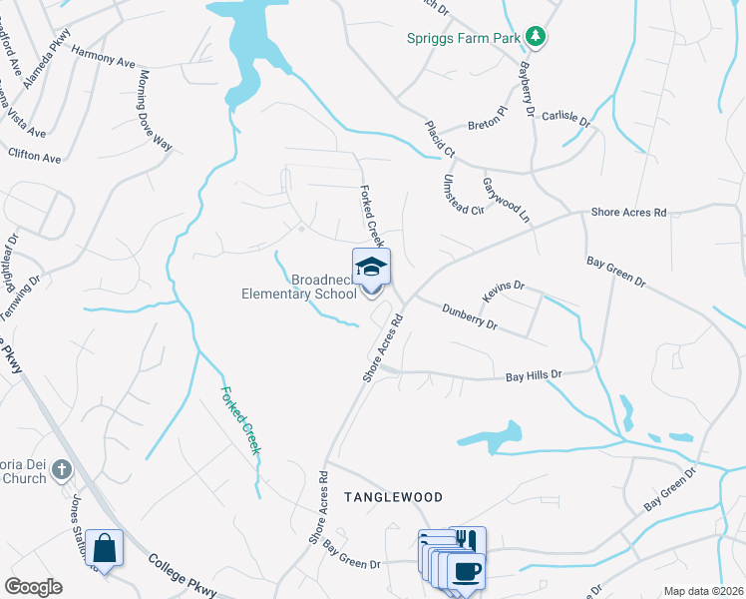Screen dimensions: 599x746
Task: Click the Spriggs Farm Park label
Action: [x=464, y=39]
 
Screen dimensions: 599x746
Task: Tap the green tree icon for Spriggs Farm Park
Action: [x=536, y=37]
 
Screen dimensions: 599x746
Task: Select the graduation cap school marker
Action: [x=372, y=268]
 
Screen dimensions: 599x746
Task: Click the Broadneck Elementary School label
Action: [x=299, y=287]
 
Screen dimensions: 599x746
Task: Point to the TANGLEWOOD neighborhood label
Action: [x=393, y=496]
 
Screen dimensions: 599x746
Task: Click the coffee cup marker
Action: [x=466, y=572]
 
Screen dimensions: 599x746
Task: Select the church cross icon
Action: [x=61, y=469]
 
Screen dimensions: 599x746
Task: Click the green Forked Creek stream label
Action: [x=240, y=420]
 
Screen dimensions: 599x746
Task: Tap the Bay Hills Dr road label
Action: [x=534, y=374]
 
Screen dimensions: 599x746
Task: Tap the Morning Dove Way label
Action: [x=156, y=110]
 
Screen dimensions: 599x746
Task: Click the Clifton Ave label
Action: [x=34, y=157]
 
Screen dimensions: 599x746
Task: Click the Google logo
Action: [x=33, y=587]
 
